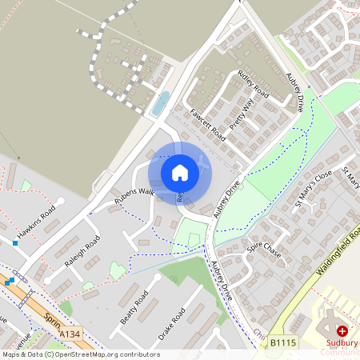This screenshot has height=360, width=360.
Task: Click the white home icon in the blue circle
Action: point(179,172)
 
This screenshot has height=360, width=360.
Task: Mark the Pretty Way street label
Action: point(241,114)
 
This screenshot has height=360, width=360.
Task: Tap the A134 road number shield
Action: point(70,334)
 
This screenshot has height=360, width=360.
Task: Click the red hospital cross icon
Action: point(342,330)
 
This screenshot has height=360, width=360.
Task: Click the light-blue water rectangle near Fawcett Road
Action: point(160,102)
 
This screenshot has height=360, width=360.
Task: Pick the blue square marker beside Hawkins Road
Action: point(14,242)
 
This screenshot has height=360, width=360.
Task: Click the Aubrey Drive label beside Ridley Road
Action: point(294,91)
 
